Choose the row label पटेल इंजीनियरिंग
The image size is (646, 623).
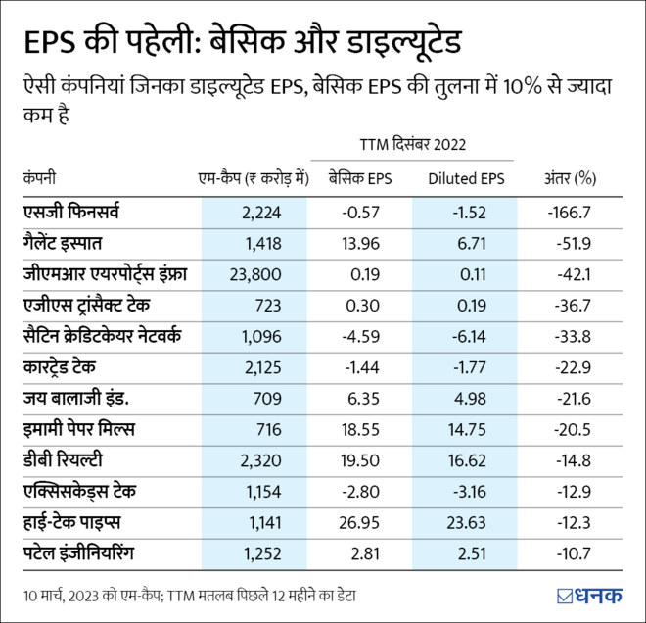(83, 555)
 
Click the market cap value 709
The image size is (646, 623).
(267, 400)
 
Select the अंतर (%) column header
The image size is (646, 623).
(571, 178)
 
